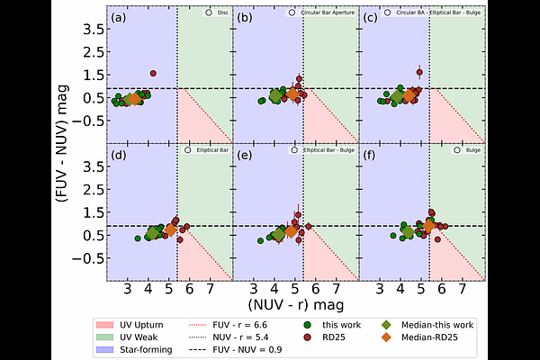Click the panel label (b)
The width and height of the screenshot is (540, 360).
coord(243,18)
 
